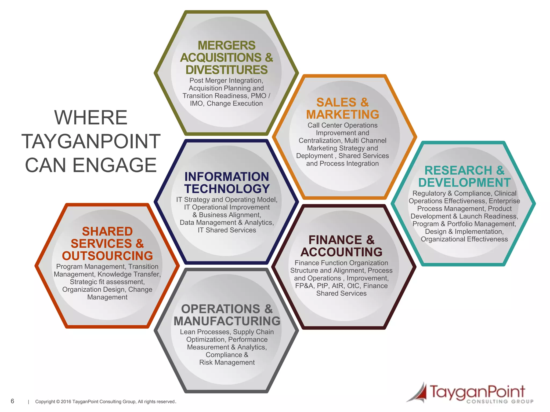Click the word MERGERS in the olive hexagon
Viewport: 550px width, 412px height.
point(226,45)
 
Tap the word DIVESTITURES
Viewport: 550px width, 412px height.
point(226,70)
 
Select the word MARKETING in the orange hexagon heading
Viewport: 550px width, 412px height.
point(343,115)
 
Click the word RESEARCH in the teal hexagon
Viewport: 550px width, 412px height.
point(458,170)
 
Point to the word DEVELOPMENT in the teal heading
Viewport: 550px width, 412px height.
point(464,183)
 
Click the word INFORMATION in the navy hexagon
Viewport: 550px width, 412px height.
point(227,177)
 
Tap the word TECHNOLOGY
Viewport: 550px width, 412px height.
point(227,189)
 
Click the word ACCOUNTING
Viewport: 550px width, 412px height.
point(341,252)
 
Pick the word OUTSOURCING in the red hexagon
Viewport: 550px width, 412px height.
point(107,256)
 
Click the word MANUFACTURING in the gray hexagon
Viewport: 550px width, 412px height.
point(227,321)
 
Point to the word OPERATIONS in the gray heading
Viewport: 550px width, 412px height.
point(221,309)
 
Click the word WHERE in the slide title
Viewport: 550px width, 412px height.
point(91,117)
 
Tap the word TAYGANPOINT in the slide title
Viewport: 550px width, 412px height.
point(91,141)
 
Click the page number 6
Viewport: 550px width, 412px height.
point(12,401)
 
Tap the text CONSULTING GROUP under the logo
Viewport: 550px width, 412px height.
point(500,402)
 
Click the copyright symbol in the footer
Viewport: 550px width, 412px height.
point(58,402)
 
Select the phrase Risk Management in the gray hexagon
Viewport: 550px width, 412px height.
point(227,362)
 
